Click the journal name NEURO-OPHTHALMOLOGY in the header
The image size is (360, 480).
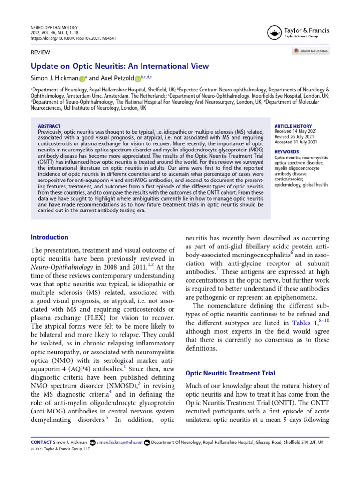coord(54,28)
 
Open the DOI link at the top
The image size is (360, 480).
coord(73,38)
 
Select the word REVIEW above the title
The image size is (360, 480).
coord(40,52)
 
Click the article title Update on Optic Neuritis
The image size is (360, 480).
coord(120,67)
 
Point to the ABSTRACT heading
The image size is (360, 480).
coord(49,126)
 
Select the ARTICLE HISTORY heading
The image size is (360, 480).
coord(292,126)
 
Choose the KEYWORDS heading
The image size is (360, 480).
coord(286,152)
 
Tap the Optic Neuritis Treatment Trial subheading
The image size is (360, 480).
coord(230,373)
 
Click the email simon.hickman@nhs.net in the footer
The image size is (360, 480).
coord(120,442)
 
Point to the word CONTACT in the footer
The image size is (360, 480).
coord(41,442)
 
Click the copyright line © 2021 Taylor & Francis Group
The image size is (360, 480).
coord(60,449)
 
